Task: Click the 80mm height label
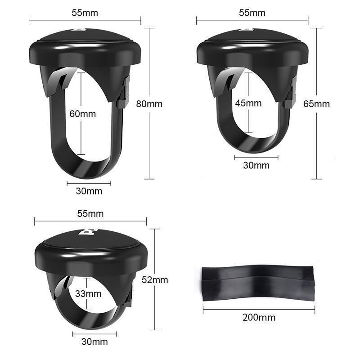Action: (x=149, y=104)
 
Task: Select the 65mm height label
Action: (x=316, y=104)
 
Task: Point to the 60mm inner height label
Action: (x=82, y=113)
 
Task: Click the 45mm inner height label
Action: (x=248, y=103)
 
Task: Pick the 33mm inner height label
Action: (x=88, y=294)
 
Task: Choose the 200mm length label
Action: (x=259, y=318)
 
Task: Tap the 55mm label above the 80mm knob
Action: (x=85, y=13)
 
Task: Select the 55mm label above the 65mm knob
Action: (x=252, y=13)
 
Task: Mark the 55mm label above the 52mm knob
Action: (x=90, y=213)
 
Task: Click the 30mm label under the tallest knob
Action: (x=89, y=191)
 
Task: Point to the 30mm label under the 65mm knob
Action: (x=256, y=165)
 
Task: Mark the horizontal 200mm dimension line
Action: (x=259, y=309)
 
